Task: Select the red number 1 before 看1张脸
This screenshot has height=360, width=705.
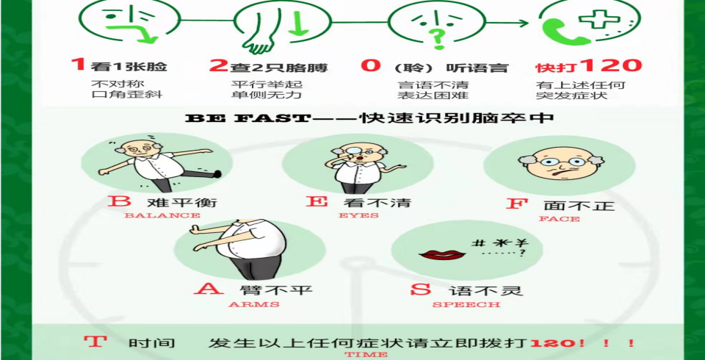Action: point(79,65)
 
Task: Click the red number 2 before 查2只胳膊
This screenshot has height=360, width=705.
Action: point(219,65)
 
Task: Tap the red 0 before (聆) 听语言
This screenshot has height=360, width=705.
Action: point(371,65)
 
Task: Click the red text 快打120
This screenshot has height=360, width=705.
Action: point(588,65)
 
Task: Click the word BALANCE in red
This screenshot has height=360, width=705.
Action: point(162,215)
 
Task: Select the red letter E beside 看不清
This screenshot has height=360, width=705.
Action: point(317,201)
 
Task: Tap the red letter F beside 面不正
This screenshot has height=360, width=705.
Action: point(516,203)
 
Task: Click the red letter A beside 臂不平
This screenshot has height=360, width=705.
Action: point(208,287)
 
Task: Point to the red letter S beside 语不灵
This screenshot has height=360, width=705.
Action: point(420,289)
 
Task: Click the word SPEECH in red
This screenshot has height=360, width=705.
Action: point(466,305)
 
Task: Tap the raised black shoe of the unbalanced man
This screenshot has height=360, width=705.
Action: point(217,173)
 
